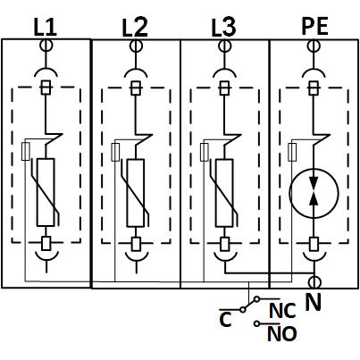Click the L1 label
(45, 28)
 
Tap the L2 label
(135, 28)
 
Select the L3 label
(223, 28)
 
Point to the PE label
(314, 26)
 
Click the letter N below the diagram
(314, 302)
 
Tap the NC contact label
(282, 311)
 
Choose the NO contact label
(282, 334)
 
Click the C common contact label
(225, 320)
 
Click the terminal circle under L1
(46, 46)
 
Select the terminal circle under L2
(136, 46)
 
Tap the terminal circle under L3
(224, 46)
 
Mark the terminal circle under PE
(314, 46)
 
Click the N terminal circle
(314, 281)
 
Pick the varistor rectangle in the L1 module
(46, 192)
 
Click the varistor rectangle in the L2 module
(136, 193)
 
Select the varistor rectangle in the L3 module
(224, 193)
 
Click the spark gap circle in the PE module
(314, 193)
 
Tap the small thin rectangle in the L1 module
(26, 151)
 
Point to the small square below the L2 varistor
(136, 244)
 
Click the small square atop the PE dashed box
(314, 88)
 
